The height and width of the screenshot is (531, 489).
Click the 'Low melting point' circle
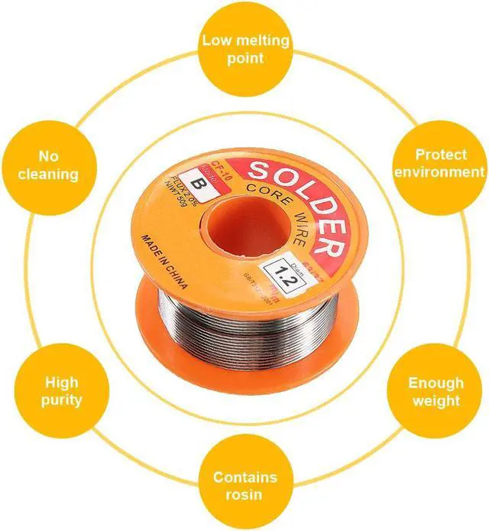coord(244,48)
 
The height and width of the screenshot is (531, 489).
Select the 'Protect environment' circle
coord(439,163)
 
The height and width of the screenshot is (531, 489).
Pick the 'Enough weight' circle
coord(436,390)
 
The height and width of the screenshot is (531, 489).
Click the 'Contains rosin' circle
coord(244,484)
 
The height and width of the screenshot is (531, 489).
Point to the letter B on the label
coord(202,184)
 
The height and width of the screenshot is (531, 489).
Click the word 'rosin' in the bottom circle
coord(244,494)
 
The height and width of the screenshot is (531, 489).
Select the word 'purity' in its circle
coord(61,400)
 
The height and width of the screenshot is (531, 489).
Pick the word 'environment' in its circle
coord(439,172)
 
